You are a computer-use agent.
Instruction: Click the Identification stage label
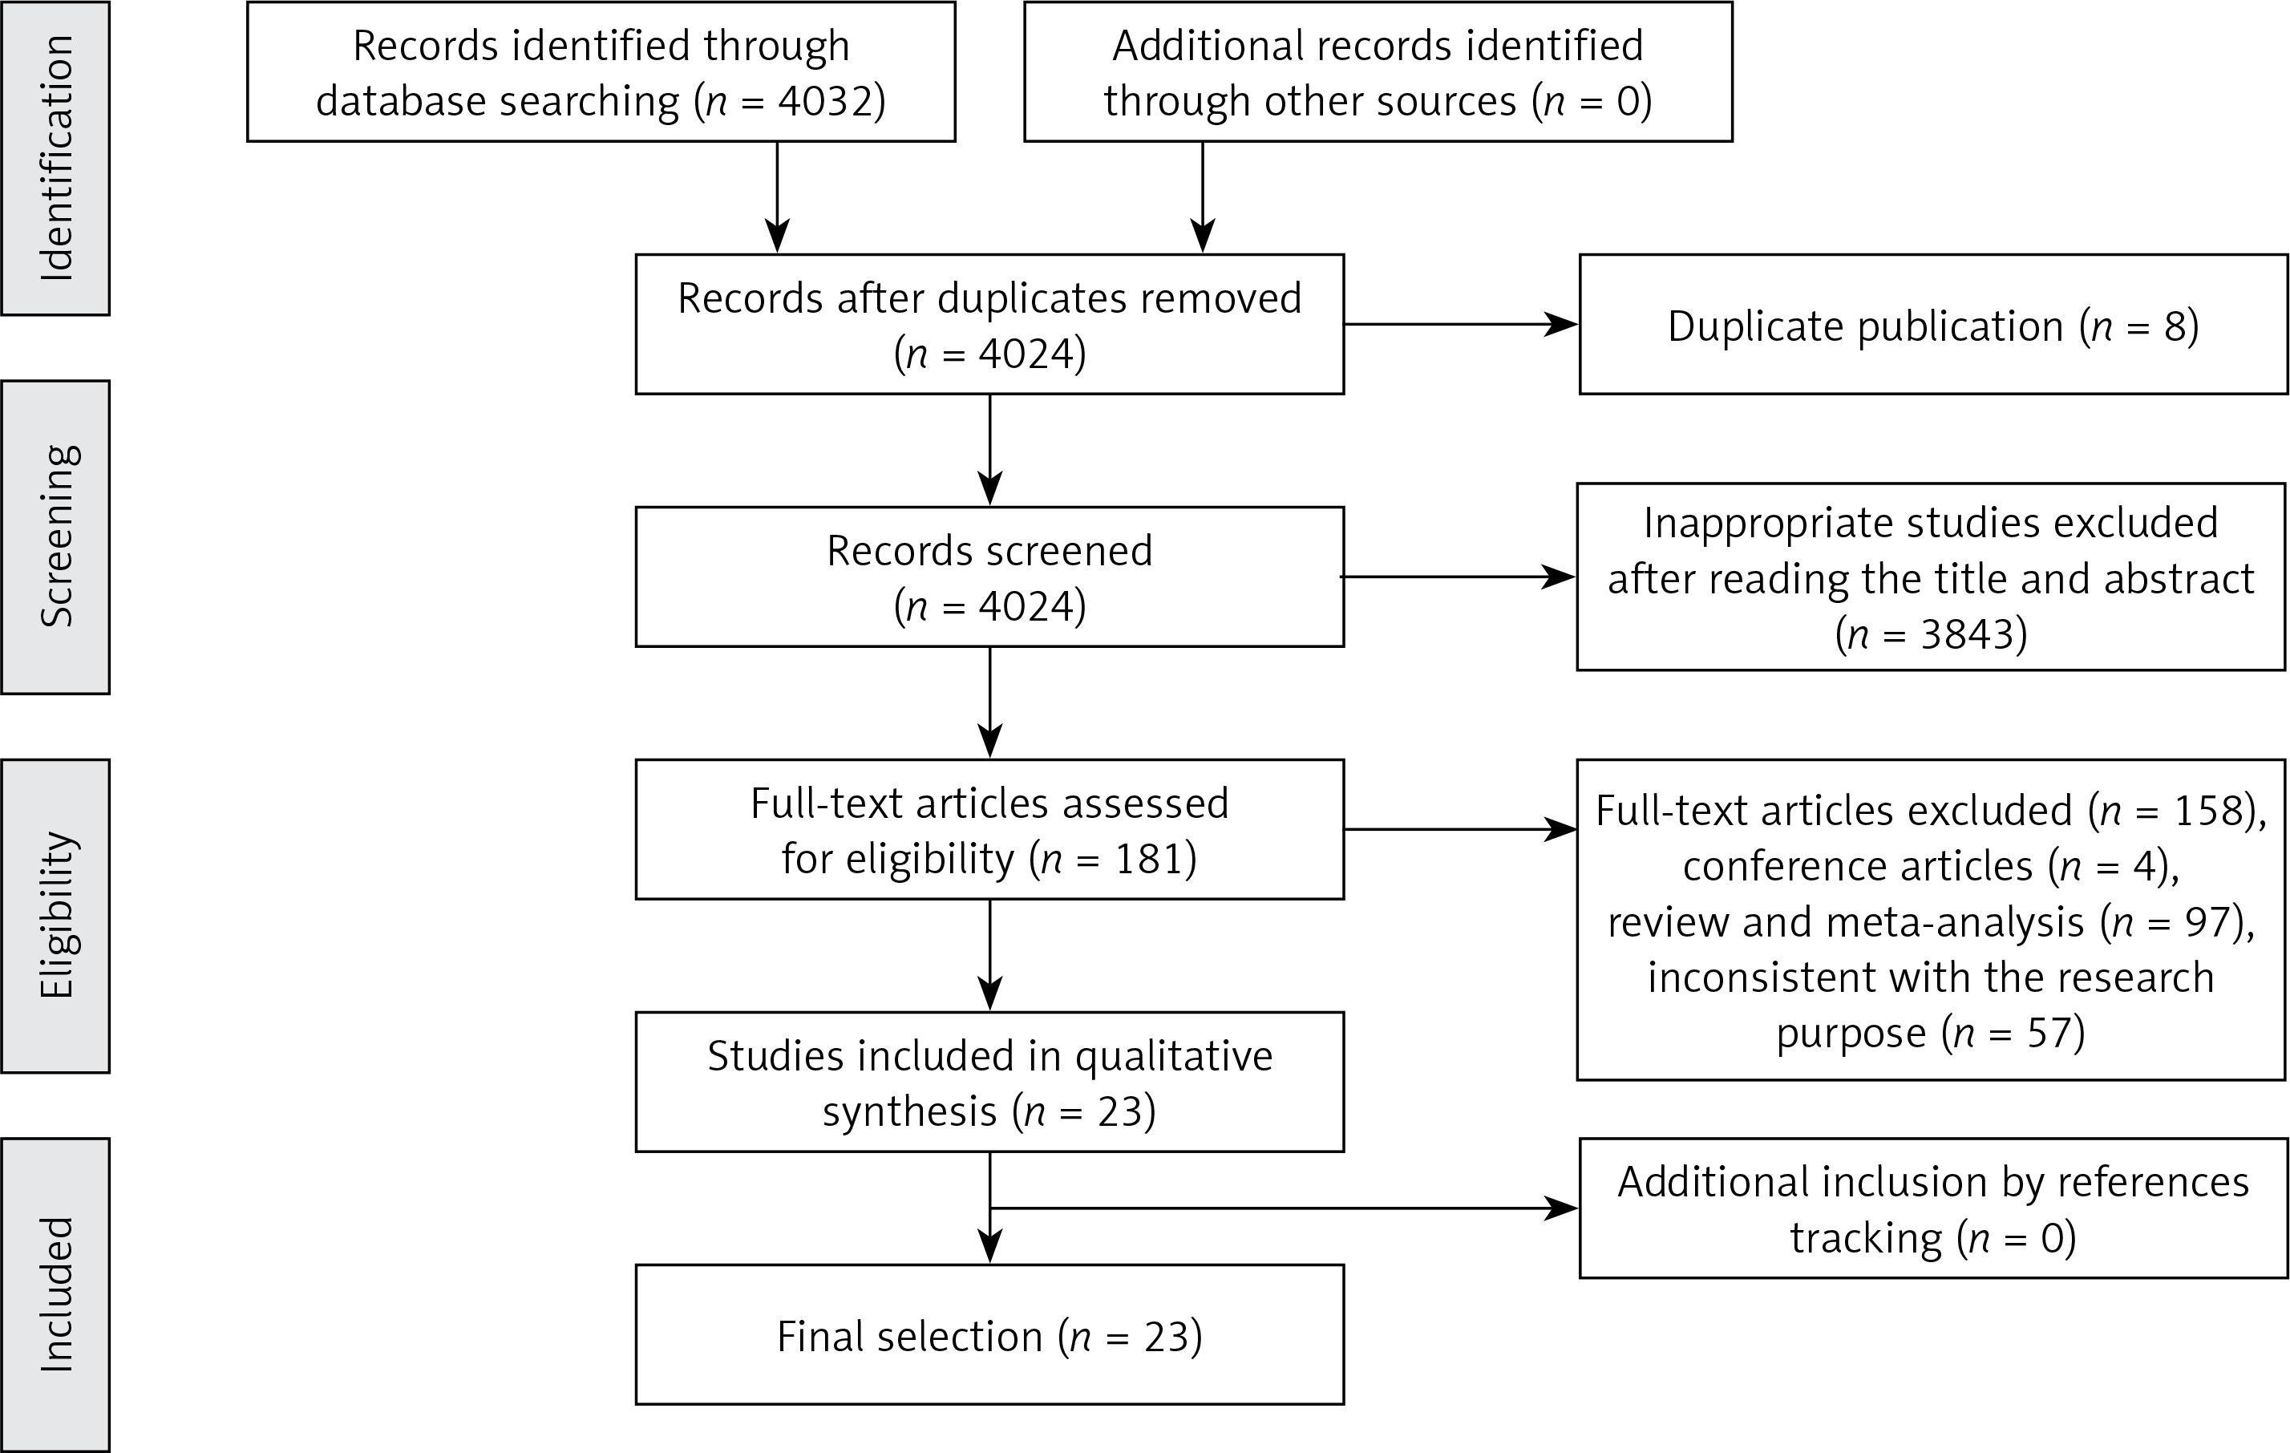coord(56,158)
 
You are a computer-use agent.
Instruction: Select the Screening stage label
coord(56,536)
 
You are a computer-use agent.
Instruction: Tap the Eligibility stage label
coord(56,915)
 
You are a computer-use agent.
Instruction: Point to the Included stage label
coord(56,1294)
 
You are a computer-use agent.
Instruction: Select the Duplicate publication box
coord(1933,324)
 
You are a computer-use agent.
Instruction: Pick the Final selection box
coord(990,1334)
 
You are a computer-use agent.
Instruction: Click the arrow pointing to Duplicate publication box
coord(1461,324)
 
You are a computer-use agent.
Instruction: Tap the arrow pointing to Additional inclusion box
coord(1284,1208)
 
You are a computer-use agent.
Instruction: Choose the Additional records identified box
coord(1378,72)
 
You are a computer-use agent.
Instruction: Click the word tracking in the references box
coord(1866,1238)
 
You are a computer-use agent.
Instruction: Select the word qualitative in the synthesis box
coord(1174,1056)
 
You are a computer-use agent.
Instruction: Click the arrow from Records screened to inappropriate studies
coord(1458,577)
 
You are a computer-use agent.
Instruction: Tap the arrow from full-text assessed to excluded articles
coord(1461,829)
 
